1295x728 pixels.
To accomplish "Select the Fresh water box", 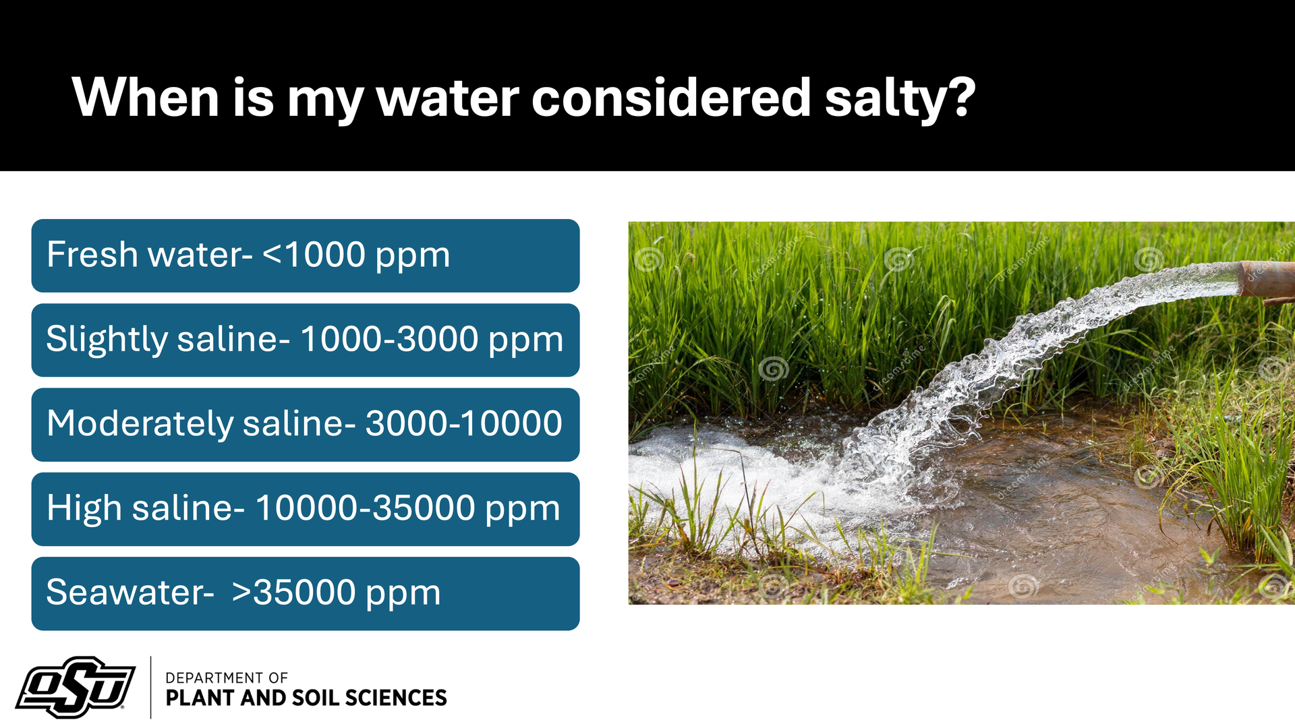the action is pos(306,255).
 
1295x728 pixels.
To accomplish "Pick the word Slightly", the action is pos(107,339).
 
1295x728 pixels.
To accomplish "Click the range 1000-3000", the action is pos(390,339).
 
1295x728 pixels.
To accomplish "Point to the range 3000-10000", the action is pos(464,424).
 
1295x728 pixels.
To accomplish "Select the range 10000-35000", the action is pos(365,508).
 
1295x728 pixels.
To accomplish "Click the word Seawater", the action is pos(130,593).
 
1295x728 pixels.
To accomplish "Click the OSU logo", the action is pos(76,687).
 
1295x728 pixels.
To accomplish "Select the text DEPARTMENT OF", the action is pos(227,677).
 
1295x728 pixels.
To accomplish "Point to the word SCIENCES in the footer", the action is pos(395,698).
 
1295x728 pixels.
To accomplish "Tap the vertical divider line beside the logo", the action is pos(150,688).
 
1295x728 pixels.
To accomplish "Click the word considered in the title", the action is pos(671,98).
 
